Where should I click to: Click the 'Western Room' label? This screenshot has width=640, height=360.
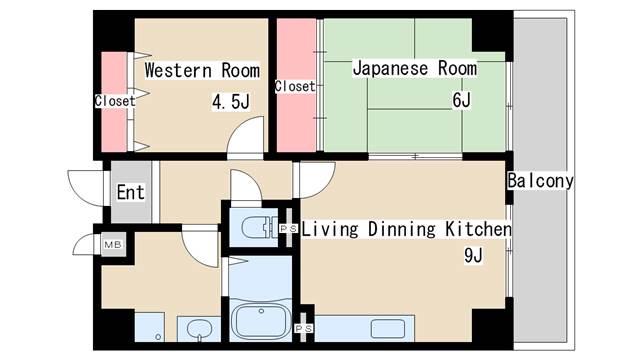click(x=202, y=71)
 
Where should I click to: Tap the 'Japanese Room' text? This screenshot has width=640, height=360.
click(x=414, y=69)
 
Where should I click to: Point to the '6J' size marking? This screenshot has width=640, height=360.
click(x=461, y=102)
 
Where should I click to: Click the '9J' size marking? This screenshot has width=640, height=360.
click(x=473, y=256)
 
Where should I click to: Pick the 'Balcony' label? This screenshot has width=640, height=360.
click(x=540, y=181)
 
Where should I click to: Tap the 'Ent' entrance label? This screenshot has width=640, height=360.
click(x=130, y=192)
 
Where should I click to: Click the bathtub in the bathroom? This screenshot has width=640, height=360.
click(x=261, y=322)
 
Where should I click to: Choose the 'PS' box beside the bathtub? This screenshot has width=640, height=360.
click(x=304, y=327)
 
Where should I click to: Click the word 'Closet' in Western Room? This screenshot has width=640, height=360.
click(x=114, y=100)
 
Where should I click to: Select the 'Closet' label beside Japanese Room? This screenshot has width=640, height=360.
click(x=294, y=86)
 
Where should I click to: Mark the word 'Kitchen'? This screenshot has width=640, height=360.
click(x=476, y=230)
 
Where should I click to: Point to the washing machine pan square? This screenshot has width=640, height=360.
click(x=150, y=327)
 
